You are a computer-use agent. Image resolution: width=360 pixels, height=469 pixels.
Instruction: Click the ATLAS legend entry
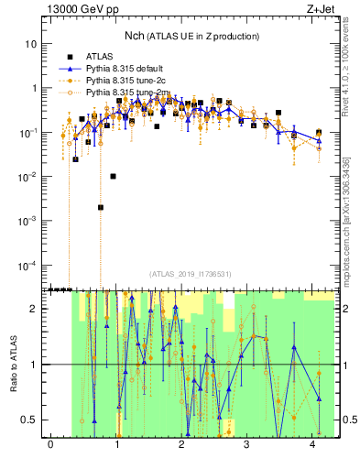click(x=100, y=57)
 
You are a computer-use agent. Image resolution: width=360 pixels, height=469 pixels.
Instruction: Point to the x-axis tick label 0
click(x=50, y=445)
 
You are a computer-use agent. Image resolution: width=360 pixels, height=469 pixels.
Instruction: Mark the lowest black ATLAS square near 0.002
click(x=101, y=208)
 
